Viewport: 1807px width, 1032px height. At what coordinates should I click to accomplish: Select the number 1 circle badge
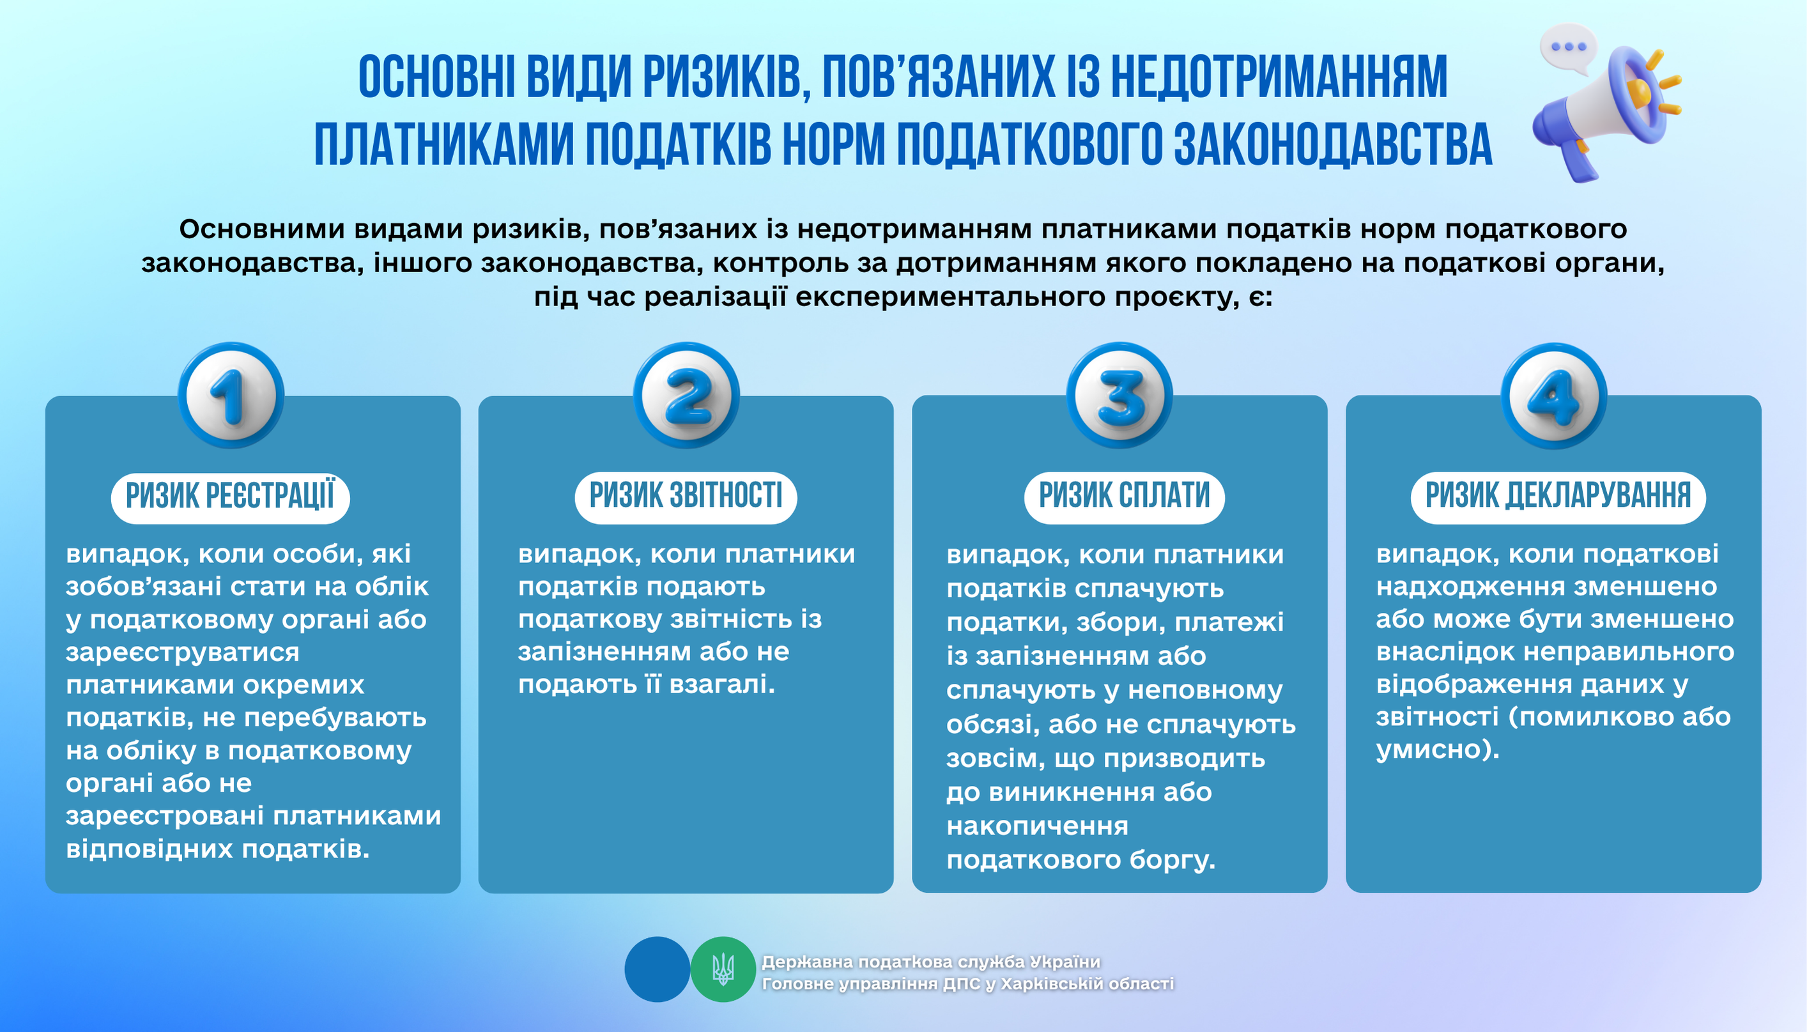[231, 395]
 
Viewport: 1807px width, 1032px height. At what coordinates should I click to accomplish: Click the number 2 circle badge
[686, 395]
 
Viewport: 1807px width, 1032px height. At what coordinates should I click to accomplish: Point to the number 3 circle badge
[1119, 395]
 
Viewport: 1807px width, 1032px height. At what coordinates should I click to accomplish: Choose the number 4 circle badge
[1553, 395]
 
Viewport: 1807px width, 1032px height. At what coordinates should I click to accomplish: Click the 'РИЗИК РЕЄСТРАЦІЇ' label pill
[230, 498]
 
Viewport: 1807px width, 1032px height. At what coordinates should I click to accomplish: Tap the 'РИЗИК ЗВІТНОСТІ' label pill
[686, 498]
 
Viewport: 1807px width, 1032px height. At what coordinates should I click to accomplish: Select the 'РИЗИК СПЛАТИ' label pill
[1125, 498]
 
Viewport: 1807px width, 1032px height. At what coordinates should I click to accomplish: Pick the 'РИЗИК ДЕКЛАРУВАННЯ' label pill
[1558, 498]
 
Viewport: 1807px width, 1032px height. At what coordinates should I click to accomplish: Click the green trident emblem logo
[723, 969]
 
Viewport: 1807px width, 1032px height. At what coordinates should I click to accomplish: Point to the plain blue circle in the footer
[657, 969]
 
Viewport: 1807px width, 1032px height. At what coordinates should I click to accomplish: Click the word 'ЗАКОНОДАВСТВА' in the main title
[1333, 144]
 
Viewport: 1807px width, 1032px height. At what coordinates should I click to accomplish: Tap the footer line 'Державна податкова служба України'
[930, 962]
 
